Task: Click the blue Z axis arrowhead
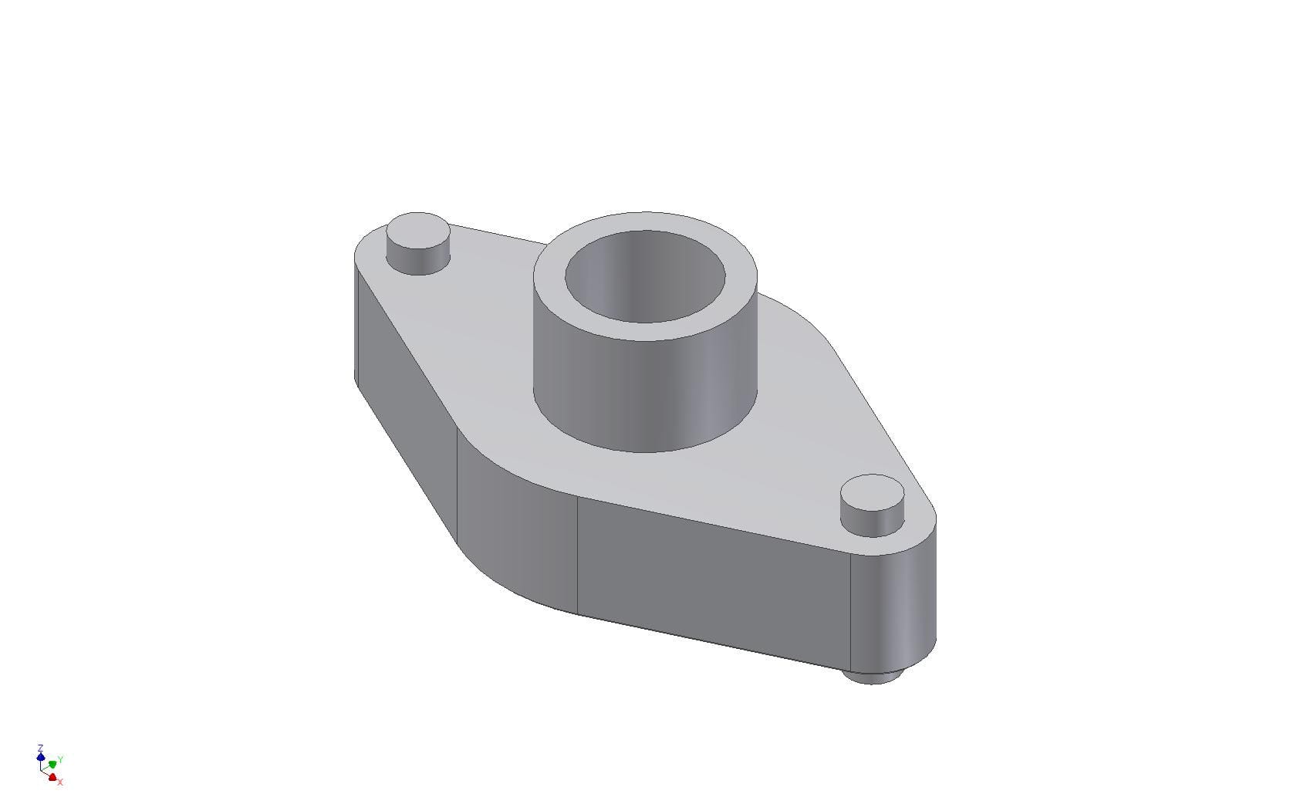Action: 41,757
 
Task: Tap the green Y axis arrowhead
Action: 52,764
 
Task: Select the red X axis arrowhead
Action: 52,777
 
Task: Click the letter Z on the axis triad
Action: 40,748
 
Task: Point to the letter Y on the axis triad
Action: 60,759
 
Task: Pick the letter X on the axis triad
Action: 60,782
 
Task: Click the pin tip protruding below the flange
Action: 872,678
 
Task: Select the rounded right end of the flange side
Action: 895,610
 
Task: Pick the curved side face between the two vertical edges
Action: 517,532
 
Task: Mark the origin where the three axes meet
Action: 41,770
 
